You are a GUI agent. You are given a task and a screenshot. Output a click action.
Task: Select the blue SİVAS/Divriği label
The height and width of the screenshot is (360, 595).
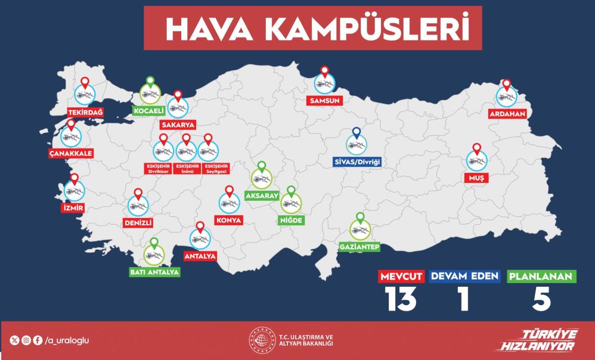pos(357,162)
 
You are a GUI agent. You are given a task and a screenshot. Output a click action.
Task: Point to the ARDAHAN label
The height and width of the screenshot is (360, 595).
pos(506,113)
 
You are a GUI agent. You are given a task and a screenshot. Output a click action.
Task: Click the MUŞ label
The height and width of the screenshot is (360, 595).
pos(476,178)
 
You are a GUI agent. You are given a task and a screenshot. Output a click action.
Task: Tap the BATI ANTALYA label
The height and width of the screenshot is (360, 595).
pos(154,272)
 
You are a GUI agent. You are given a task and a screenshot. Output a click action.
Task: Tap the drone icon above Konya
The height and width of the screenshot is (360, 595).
pos(229,203)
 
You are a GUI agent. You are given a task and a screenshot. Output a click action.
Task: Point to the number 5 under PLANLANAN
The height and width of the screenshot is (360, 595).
pos(541,299)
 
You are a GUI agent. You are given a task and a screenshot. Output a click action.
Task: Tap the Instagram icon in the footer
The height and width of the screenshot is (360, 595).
pos(26,341)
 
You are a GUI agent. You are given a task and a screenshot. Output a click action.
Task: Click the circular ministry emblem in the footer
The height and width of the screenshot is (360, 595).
pos(261,340)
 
